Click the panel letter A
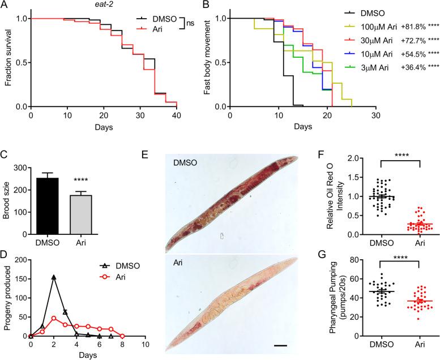5,6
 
